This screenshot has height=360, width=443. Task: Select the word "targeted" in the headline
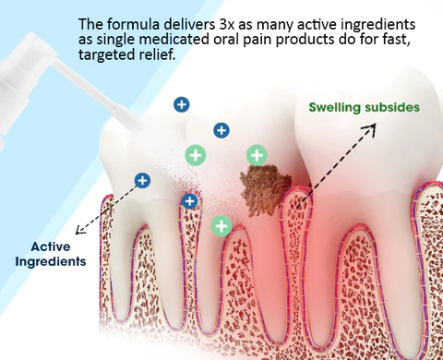pos(112,55)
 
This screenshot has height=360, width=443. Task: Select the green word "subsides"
pos(394,108)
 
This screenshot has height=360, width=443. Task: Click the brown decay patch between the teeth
pos(261,187)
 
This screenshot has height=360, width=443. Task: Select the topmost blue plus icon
pos(182,104)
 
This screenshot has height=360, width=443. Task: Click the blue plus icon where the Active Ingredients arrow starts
pos(142,180)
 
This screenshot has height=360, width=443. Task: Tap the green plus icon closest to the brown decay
pos(256,154)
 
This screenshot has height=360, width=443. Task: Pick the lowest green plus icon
pos(221,224)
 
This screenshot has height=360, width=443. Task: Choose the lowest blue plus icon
pos(190,200)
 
